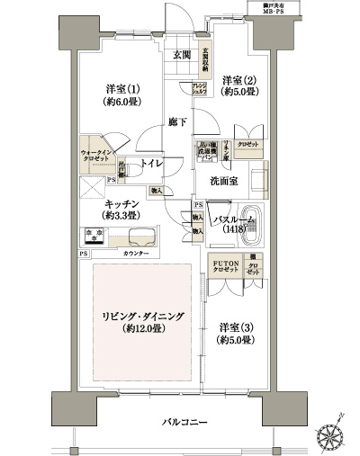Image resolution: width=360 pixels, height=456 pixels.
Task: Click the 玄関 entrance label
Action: tap(182, 55)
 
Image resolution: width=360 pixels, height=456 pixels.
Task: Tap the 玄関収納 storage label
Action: tap(205, 58)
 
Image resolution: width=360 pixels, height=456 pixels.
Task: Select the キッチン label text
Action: tap(118, 204)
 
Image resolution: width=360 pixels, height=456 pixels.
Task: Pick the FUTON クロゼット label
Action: tap(224, 267)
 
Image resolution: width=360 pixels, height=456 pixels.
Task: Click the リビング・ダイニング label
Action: tap(143, 317)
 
